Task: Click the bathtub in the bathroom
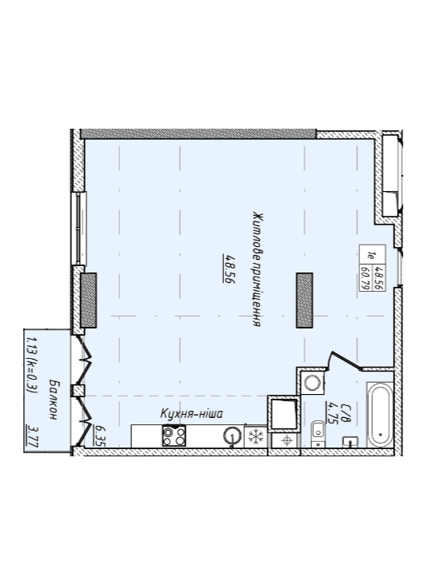(x=379, y=414)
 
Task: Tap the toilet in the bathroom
(x=318, y=433)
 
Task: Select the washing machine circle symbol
(x=312, y=383)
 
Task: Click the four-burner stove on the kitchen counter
(x=174, y=436)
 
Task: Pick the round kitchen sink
(x=232, y=436)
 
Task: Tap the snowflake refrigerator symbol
(x=256, y=436)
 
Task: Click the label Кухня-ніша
(x=192, y=414)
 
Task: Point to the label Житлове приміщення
(x=257, y=269)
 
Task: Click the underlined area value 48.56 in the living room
(x=229, y=269)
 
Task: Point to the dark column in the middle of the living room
(x=305, y=300)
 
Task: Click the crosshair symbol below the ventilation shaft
(x=287, y=440)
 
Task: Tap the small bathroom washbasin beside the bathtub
(x=350, y=442)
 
